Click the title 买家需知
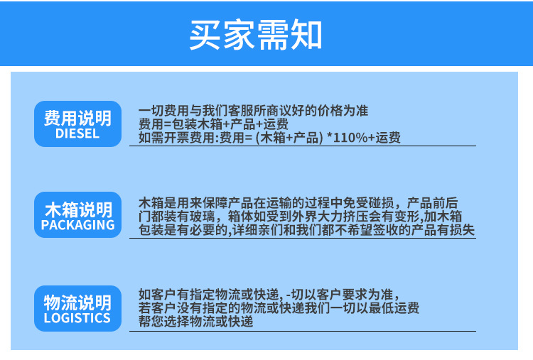[x=256, y=35]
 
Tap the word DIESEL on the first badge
[x=77, y=133]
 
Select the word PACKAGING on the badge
[x=78, y=225]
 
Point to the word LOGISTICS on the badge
[x=77, y=318]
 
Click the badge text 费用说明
[x=78, y=118]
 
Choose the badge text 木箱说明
[x=78, y=209]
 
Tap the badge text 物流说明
[x=77, y=302]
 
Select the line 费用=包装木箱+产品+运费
[x=213, y=124]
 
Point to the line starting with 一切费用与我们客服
[x=253, y=110]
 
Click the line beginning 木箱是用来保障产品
[x=298, y=203]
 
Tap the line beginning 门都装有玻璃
[x=300, y=217]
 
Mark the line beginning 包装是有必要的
[x=306, y=230]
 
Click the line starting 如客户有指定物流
[x=269, y=295]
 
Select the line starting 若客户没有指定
[x=279, y=308]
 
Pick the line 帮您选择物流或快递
[x=196, y=321]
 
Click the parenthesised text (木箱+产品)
[x=289, y=138]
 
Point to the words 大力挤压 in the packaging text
[x=343, y=217]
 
